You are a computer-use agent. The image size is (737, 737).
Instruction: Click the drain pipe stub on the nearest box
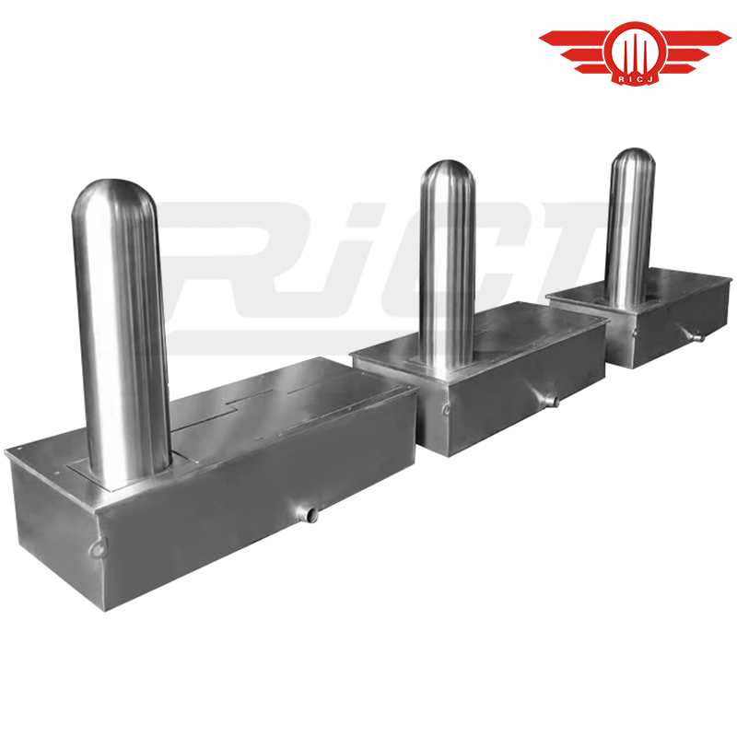click(309, 514)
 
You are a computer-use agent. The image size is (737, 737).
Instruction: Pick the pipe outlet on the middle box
click(550, 401)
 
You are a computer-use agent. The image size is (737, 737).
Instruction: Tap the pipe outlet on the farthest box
click(698, 336)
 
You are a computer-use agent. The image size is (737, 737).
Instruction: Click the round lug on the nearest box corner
click(98, 548)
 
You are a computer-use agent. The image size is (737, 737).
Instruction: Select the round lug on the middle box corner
click(446, 409)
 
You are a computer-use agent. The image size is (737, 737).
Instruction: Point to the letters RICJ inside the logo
click(635, 79)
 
